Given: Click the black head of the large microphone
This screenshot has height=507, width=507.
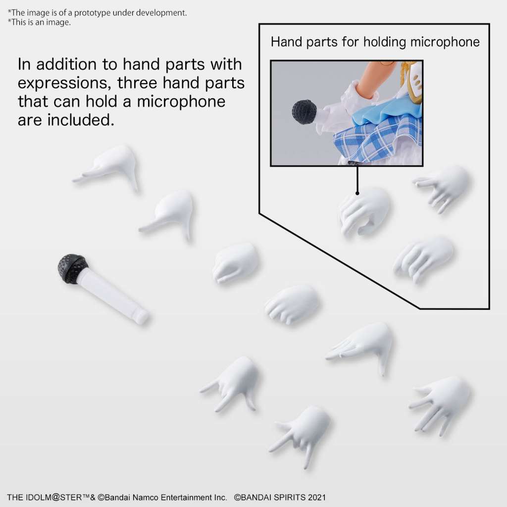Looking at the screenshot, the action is tap(72, 269).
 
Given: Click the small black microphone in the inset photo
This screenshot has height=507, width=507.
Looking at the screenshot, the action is tap(304, 111).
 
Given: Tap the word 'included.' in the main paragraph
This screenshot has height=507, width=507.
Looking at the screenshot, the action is tap(81, 120).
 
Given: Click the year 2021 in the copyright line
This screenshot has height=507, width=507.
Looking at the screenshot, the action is tap(316, 497).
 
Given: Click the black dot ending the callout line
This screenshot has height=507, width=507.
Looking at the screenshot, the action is tap(357, 193).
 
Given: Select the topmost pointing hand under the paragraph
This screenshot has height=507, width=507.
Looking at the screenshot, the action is tap(108, 166).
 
